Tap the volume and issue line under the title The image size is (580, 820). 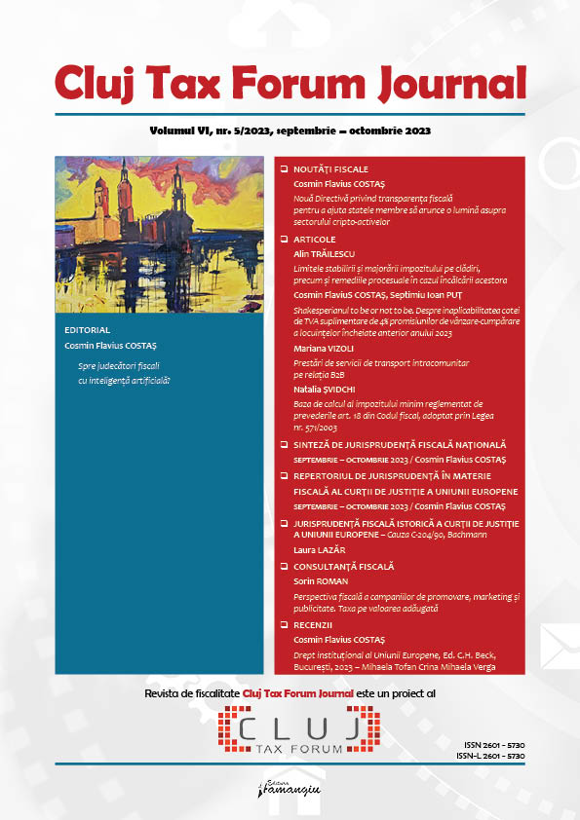(290, 130)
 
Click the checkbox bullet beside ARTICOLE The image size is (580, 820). (284, 239)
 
